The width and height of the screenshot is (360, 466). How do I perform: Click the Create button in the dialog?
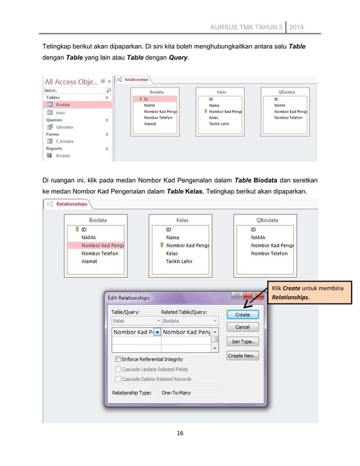pos(242,314)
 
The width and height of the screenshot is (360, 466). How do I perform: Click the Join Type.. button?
pos(242,341)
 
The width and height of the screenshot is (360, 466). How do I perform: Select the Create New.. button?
pos(242,356)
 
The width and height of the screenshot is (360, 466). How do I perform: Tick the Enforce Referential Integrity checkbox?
pos(118,359)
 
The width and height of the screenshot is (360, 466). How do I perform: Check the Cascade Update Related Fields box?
pos(118,369)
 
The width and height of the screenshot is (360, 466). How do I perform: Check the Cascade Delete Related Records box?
pos(118,379)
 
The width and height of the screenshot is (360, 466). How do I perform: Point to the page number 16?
pos(180,433)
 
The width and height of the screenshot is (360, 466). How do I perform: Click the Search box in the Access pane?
pos(73,90)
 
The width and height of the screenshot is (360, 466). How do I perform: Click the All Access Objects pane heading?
pos(71,81)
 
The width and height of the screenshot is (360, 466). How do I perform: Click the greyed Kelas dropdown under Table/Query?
pos(134,321)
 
